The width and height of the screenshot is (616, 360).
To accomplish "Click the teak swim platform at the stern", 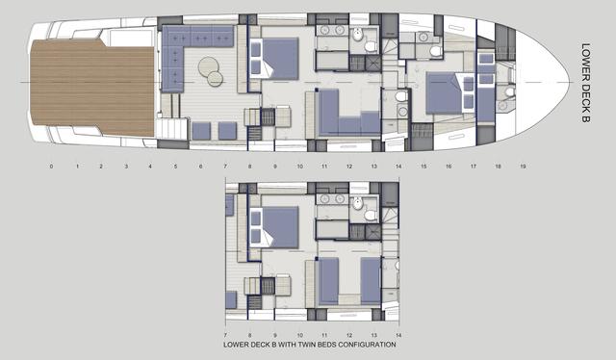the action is [x=92, y=88].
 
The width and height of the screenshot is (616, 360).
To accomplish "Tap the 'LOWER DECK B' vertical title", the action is [x=585, y=83].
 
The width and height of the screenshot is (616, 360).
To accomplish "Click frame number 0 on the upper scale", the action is [x=51, y=167].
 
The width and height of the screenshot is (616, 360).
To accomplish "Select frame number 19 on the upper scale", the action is [x=523, y=167].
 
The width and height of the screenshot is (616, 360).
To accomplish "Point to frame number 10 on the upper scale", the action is [x=299, y=167].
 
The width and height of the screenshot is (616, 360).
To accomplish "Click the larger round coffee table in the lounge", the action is [x=209, y=66].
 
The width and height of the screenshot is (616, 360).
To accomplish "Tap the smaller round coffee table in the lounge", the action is [x=216, y=79].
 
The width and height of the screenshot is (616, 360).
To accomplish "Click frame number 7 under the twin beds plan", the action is [x=225, y=336].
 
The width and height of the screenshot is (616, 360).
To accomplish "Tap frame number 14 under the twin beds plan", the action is [x=398, y=336].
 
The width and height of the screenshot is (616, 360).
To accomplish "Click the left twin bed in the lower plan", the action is [x=328, y=281].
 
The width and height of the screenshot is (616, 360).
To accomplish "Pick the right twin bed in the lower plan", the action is [x=371, y=281].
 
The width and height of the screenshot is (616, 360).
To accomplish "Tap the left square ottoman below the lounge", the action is [x=201, y=131].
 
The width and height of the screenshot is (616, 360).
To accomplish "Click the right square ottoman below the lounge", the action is [x=227, y=131].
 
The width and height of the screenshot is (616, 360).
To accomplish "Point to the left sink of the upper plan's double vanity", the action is [x=325, y=30].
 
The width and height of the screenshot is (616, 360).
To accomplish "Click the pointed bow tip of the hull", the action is [x=569, y=82].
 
